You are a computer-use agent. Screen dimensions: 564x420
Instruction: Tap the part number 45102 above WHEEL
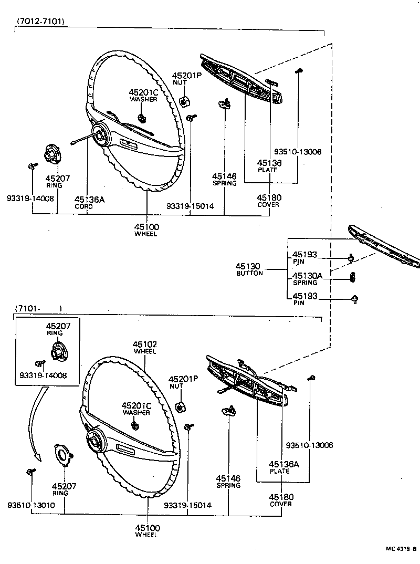[145, 345]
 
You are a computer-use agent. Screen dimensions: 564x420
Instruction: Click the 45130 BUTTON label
[249, 269]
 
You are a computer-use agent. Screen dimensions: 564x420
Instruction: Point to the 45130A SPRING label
[308, 278]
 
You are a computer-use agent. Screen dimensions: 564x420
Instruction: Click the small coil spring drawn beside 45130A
[353, 277]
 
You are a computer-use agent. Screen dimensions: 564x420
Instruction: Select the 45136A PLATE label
[283, 467]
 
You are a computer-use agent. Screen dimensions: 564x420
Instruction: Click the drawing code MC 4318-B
[401, 549]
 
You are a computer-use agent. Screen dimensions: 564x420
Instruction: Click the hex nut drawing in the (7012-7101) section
[184, 101]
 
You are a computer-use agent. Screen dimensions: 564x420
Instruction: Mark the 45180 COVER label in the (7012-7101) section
[269, 201]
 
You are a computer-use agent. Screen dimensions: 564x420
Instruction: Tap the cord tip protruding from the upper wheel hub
[73, 142]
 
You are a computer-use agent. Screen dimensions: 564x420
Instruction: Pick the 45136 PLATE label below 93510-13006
[269, 166]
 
